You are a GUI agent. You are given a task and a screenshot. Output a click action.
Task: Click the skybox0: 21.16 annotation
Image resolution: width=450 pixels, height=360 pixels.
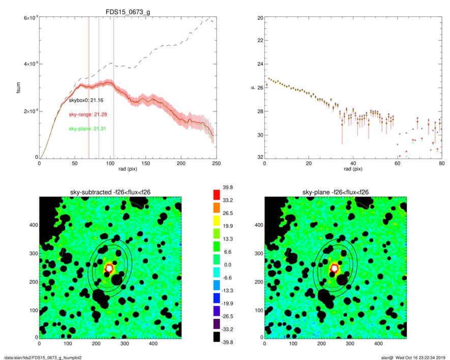click(86, 101)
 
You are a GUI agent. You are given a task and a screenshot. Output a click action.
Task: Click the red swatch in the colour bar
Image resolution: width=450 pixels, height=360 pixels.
click(217, 194)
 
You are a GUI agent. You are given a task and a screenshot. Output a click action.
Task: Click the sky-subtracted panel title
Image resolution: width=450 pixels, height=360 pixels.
click(110, 192)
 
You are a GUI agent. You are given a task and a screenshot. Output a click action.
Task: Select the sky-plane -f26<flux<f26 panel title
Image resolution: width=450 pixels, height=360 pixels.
click(335, 192)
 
